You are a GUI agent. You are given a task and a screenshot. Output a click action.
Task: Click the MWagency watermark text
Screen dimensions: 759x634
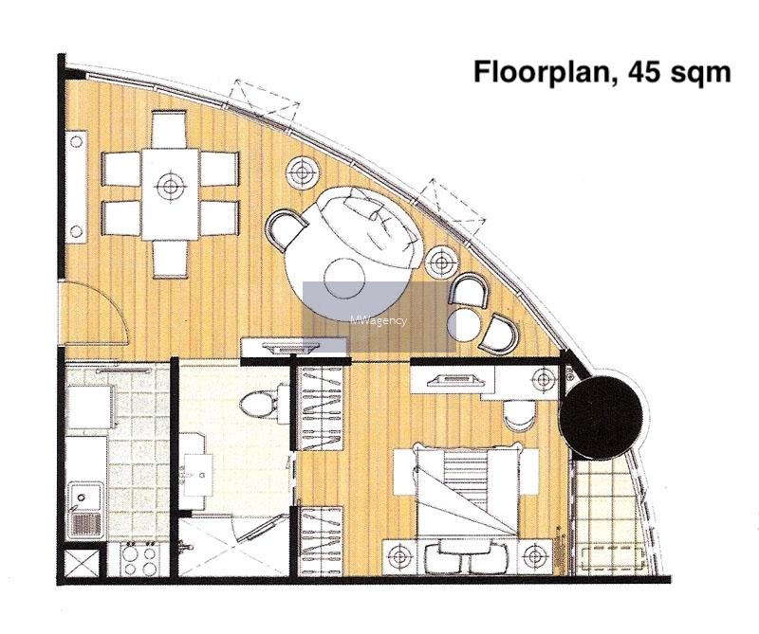[x=379, y=320]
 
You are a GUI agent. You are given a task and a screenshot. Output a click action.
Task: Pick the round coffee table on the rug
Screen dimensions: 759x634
[x=345, y=279]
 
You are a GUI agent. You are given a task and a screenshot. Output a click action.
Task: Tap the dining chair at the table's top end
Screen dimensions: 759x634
[x=169, y=130]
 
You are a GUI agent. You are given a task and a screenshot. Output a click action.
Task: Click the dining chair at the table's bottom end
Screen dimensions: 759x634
[x=170, y=259]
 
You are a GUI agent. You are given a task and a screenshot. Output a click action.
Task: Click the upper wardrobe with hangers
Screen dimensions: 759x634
[x=323, y=408]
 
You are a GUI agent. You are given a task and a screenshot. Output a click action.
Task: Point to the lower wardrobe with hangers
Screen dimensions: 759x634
[x=323, y=541]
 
